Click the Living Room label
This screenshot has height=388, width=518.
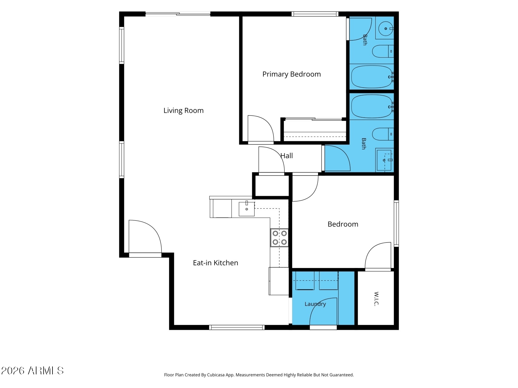click(183, 111)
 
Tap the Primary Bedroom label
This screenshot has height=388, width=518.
click(291, 74)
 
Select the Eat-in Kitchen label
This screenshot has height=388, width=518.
click(215, 263)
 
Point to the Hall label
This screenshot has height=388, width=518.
click(286, 156)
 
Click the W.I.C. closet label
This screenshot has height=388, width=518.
click(376, 299)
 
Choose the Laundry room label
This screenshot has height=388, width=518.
click(315, 304)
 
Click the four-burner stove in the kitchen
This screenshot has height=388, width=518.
click(279, 238)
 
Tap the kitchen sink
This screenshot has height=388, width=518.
click(246, 209)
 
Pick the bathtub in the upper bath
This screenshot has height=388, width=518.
click(373, 77)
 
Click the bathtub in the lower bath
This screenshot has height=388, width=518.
click(373, 106)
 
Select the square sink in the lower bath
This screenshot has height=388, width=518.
click(384, 160)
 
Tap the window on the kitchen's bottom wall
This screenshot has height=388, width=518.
click(237, 327)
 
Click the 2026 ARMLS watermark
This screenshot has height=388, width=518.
click(32, 371)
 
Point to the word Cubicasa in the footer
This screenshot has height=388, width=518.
click(216, 375)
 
